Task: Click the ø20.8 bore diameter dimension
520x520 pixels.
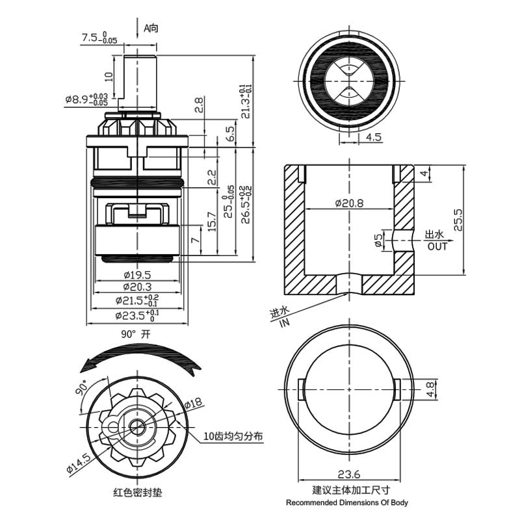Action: [x=349, y=203]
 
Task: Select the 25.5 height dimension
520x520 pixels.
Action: [x=458, y=220]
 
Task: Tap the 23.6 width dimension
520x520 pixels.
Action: [x=350, y=473]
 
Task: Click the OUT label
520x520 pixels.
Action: [x=437, y=247]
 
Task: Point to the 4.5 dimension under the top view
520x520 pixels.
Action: [x=373, y=137]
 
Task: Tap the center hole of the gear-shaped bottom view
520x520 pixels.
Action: [x=136, y=426]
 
